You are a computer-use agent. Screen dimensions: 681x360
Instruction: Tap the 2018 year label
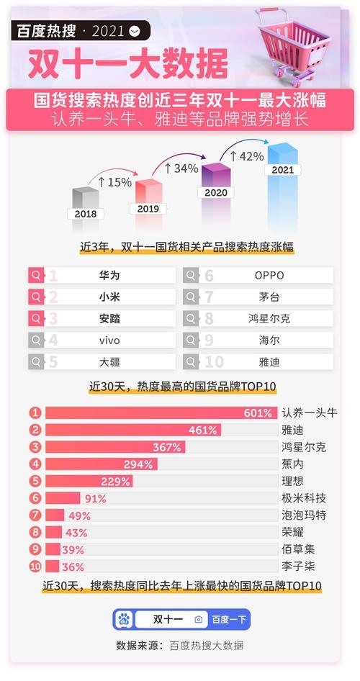point(84,214)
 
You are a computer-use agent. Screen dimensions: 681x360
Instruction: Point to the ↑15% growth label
point(114,182)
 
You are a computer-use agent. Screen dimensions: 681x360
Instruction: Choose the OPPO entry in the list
point(269,275)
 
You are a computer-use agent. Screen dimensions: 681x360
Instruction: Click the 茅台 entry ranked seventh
point(269,297)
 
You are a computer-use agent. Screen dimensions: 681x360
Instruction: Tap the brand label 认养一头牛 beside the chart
point(310,412)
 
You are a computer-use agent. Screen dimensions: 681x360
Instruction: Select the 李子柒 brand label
point(298,566)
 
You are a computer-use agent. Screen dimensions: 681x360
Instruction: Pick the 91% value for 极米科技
point(95,498)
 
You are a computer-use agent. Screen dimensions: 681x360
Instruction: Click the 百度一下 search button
point(229,619)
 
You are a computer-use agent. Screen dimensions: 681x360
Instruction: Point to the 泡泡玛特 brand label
point(304,515)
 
